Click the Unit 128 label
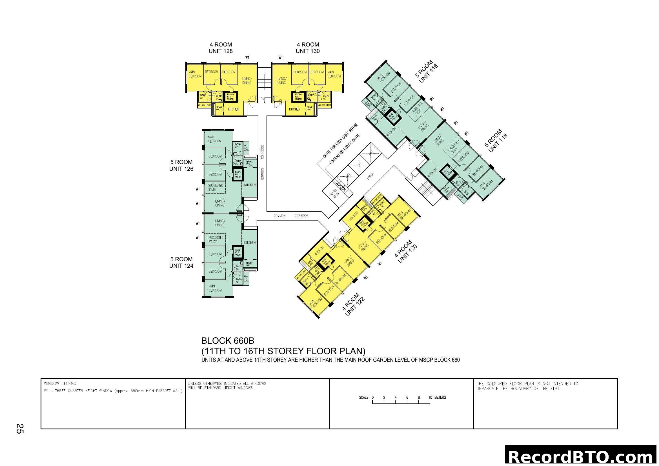[x=220, y=48]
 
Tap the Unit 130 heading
[x=307, y=48]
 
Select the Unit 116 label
[x=427, y=72]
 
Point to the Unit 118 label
[x=496, y=141]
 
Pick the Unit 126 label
[x=181, y=166]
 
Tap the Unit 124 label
[x=181, y=263]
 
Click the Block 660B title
[x=228, y=341]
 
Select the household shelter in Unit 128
[x=230, y=97]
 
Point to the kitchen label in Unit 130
[x=294, y=109]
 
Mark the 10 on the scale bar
[x=430, y=398]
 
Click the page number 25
[x=20, y=429]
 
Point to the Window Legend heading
[x=60, y=384]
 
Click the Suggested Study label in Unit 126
[x=215, y=187]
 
